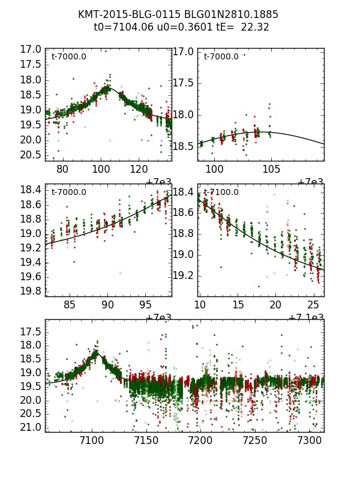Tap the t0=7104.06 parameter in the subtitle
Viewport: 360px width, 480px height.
119,27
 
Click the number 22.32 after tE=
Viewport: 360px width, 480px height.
254,27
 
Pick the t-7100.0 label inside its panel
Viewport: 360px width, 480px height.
221,193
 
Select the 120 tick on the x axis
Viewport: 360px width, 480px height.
139,170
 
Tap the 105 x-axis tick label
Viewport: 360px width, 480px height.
271,170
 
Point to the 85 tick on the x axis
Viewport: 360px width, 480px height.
70,305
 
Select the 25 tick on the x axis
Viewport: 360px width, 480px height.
313,305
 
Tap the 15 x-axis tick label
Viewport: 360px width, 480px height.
238,305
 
